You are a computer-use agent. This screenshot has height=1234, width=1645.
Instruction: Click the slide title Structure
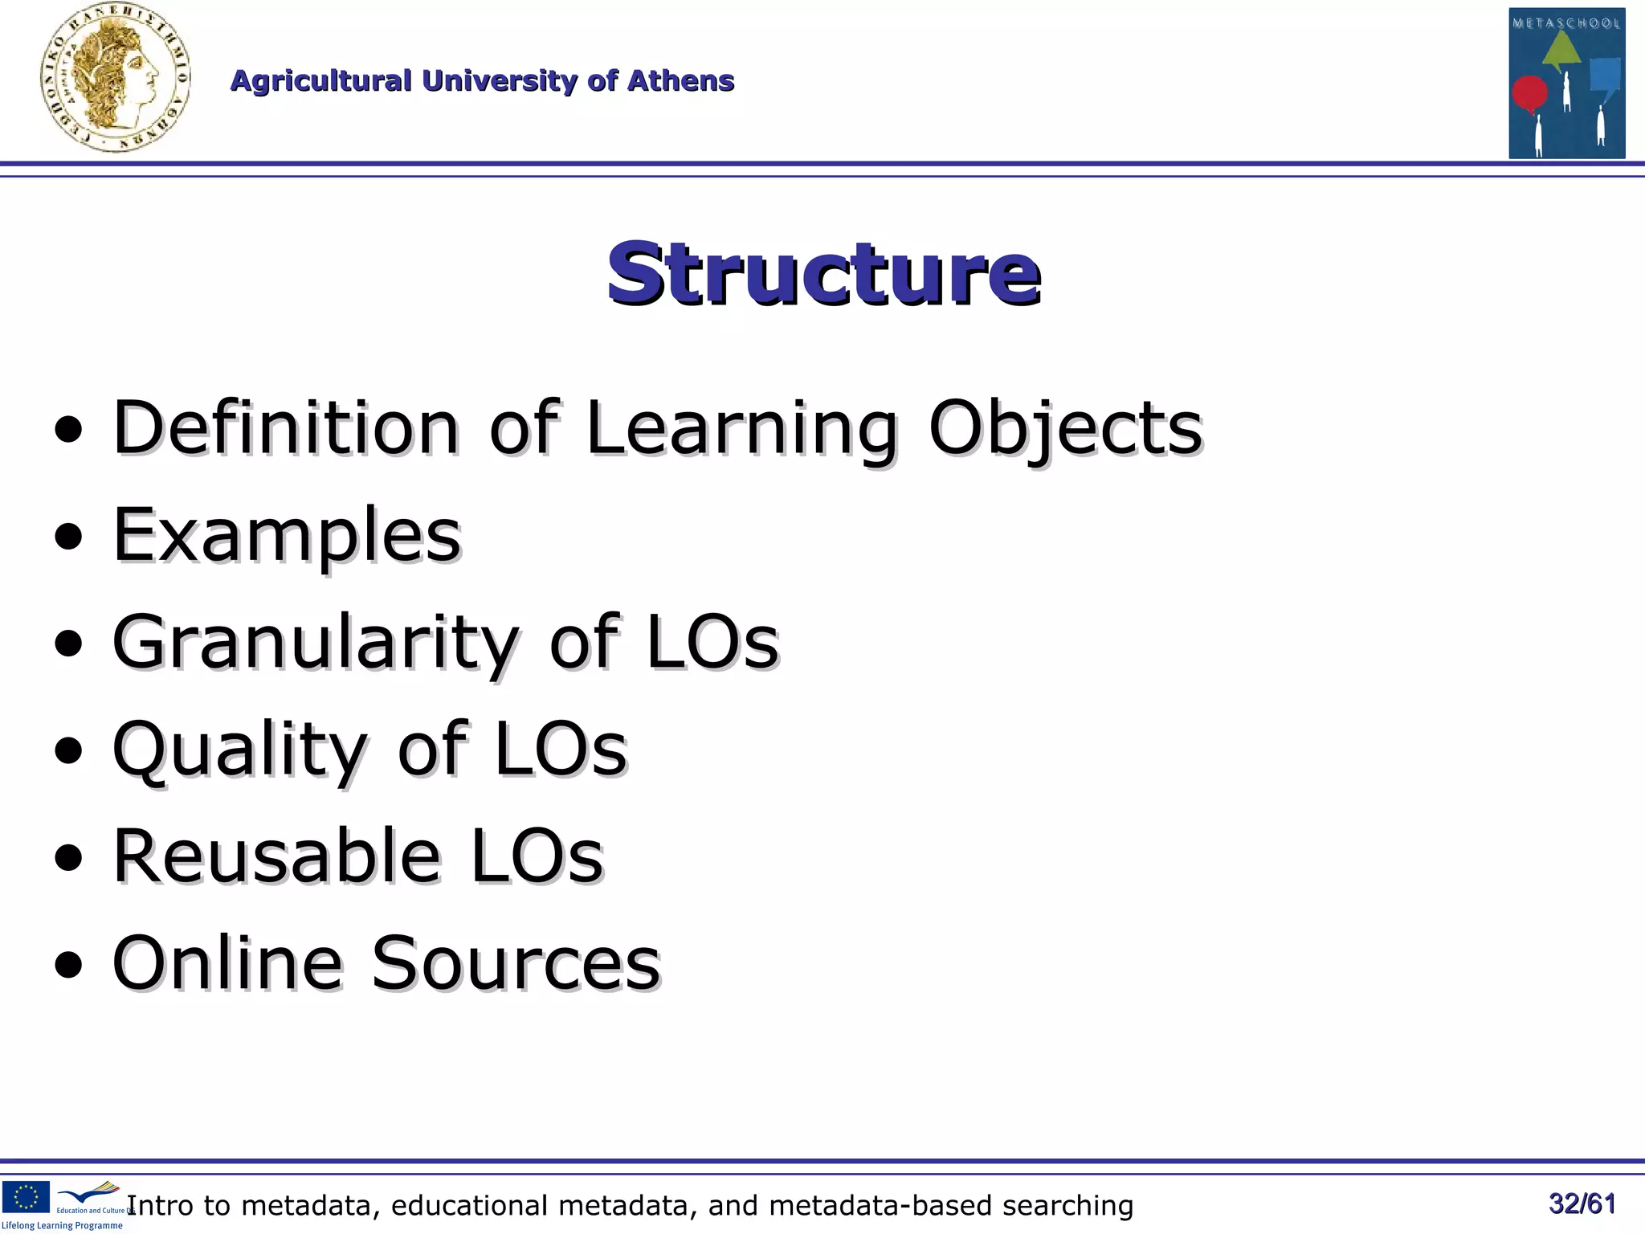(823, 273)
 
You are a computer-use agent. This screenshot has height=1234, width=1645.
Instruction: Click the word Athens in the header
(680, 81)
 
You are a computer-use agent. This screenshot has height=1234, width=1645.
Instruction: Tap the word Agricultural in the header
(320, 81)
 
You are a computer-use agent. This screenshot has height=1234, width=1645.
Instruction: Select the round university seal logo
(115, 78)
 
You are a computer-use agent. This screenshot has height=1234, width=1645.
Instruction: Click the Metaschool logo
(1566, 84)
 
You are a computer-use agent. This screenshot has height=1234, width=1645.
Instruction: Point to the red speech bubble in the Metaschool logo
(1529, 94)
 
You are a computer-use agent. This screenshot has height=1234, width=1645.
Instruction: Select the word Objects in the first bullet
(1065, 430)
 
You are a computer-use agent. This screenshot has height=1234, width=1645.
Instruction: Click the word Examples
(287, 537)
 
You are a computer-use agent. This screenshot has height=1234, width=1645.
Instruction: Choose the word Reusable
(276, 856)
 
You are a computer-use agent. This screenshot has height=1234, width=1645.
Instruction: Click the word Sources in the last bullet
(515, 963)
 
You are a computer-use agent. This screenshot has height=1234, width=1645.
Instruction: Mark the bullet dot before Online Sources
(69, 966)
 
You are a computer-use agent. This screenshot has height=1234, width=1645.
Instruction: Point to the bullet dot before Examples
(69, 537)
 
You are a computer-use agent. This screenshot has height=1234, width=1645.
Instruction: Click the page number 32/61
(1582, 1203)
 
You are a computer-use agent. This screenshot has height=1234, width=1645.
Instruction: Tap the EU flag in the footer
(26, 1196)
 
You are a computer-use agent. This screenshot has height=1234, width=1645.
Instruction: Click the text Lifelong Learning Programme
(62, 1226)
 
